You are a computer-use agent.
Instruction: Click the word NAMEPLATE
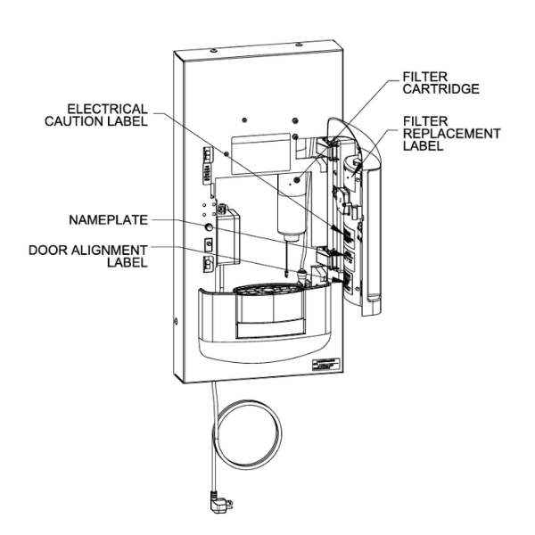pos(108,220)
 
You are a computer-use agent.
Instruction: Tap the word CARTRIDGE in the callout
pos(440,89)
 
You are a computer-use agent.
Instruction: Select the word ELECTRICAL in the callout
pos(108,109)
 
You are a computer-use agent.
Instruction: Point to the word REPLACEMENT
pos(452,134)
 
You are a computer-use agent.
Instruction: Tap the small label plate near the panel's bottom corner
pos(325,365)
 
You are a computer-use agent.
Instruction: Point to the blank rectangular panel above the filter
pos(261,153)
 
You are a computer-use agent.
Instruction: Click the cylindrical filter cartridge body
pos(291,208)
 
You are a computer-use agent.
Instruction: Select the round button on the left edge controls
pos(208,226)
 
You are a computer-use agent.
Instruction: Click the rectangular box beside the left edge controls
pos(228,237)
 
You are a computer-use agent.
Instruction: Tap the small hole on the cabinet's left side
pos(176,321)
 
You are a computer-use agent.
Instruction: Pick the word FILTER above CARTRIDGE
pos(425,77)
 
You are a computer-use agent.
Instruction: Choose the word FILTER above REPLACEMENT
pos(425,121)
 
